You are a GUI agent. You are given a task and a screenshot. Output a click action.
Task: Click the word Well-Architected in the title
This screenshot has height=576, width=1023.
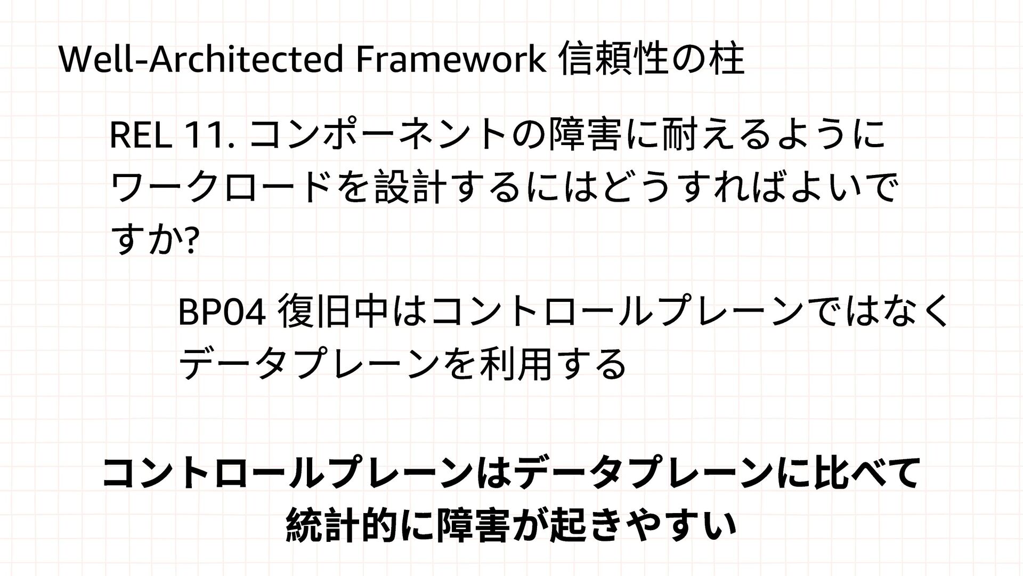point(200,60)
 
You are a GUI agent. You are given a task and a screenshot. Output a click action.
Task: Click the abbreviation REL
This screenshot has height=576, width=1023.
point(140,136)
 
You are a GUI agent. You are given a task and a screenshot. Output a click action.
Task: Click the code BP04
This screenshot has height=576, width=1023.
point(221,313)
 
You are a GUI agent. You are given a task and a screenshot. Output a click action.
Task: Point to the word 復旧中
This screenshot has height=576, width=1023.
point(334,313)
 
